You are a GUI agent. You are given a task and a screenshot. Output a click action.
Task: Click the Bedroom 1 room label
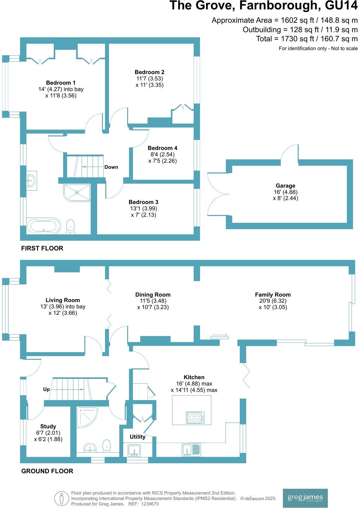61,83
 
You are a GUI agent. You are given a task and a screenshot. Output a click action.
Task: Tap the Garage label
285,186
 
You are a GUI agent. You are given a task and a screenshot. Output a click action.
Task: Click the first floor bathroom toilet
70,226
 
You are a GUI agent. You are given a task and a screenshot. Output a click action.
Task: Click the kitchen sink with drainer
192,450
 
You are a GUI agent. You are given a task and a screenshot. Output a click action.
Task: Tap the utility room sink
134,450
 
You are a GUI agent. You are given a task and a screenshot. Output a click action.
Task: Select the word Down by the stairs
111,167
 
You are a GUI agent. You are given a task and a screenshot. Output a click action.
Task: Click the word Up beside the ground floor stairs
46,389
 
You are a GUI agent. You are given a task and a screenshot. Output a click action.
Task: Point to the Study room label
48,427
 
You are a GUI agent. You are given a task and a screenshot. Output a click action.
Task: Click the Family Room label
273,295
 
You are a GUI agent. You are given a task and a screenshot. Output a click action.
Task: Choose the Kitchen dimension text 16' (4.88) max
194,384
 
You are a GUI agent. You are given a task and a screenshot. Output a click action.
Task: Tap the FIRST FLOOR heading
42,248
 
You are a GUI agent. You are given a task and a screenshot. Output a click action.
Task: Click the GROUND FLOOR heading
47,471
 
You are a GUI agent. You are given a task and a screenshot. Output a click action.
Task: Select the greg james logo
305,498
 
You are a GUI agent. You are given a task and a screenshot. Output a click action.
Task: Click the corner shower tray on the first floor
77,192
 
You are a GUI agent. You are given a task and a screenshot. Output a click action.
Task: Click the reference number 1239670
149,504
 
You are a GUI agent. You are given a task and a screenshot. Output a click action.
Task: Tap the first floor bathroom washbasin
31,181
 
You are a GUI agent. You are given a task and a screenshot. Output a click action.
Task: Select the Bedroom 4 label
162,148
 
